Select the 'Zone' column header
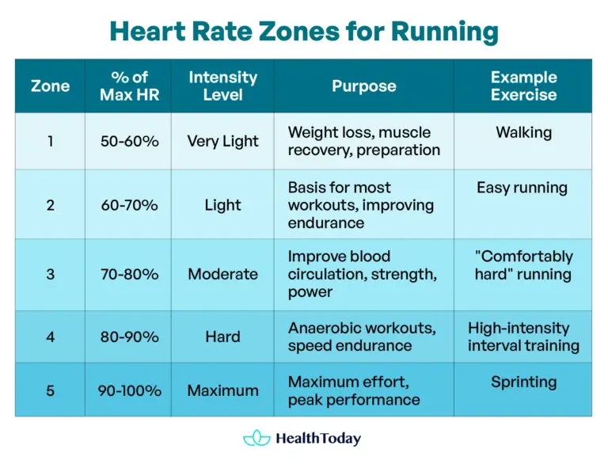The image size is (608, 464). [x=50, y=86]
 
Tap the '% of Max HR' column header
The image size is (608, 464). [x=129, y=86]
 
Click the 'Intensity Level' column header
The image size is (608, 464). [x=222, y=86]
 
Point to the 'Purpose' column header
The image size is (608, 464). [x=363, y=86]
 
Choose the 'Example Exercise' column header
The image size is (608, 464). [x=523, y=86]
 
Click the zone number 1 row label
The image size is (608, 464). [x=50, y=141]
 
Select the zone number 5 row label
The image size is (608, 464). [x=50, y=390]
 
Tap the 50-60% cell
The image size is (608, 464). [x=129, y=141]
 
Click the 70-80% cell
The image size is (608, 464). [x=129, y=274]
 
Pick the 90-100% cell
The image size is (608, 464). [x=129, y=390]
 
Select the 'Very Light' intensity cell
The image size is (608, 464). [x=222, y=141]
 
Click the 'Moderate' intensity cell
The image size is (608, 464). [x=222, y=274]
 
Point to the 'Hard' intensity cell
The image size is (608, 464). [x=222, y=337]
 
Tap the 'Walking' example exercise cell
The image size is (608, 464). [x=523, y=132]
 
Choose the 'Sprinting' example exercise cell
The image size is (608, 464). [x=523, y=382]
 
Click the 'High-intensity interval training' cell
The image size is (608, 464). [x=523, y=337]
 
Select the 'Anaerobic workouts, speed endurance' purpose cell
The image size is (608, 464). [x=362, y=337]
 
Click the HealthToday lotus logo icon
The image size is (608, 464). [x=256, y=438]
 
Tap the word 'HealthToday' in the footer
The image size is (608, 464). [x=318, y=438]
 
